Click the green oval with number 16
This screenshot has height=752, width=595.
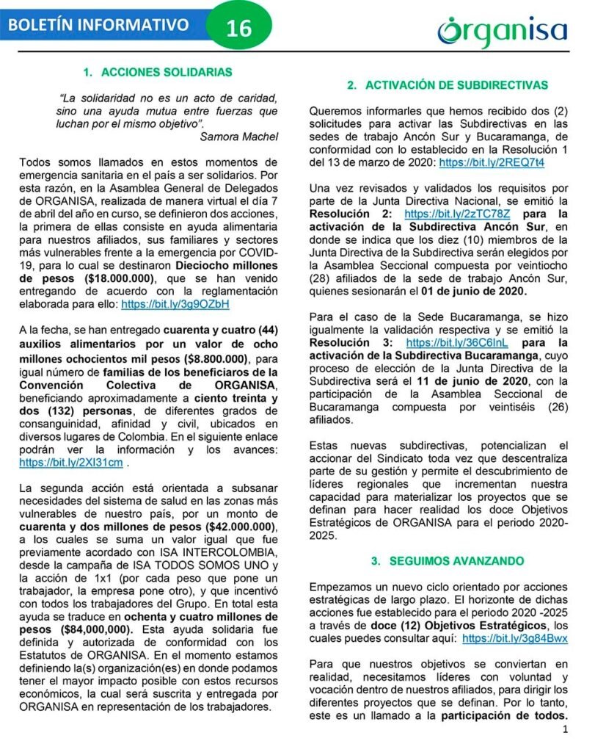tap(239, 28)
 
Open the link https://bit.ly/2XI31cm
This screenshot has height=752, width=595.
tap(71, 463)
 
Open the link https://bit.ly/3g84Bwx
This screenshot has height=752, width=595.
tap(515, 639)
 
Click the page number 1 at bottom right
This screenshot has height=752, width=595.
tap(566, 730)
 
